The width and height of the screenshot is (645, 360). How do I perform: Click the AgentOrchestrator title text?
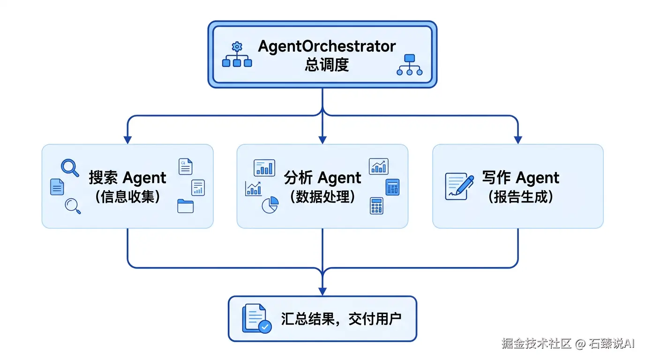pyautogui.click(x=327, y=46)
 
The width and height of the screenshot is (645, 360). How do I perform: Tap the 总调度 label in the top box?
pyautogui.click(x=327, y=65)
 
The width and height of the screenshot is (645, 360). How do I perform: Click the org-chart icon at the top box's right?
pyautogui.click(x=409, y=65)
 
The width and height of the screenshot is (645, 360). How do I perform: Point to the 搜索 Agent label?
pyautogui.click(x=127, y=178)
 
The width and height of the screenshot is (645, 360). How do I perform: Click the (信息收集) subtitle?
pyautogui.click(x=127, y=196)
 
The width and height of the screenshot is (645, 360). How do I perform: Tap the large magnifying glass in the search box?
pyautogui.click(x=70, y=168)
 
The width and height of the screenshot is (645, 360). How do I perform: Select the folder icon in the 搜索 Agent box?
pyautogui.click(x=185, y=206)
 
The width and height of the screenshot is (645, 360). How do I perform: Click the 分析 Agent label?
pyautogui.click(x=322, y=178)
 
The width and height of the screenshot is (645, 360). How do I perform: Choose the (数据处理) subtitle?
pyautogui.click(x=322, y=196)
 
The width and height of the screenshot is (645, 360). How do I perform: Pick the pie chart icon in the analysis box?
pyautogui.click(x=270, y=205)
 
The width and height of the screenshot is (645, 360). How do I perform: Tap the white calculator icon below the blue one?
pyautogui.click(x=376, y=205)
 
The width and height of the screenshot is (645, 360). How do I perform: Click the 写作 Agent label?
pyautogui.click(x=520, y=178)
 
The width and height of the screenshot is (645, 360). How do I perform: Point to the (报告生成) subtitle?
pyautogui.click(x=520, y=196)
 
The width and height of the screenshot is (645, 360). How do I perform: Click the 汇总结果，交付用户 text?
pyautogui.click(x=341, y=319)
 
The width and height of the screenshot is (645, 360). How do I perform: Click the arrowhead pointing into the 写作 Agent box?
pyautogui.click(x=518, y=140)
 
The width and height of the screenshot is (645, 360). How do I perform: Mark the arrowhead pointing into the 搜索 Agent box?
pyautogui.click(x=127, y=140)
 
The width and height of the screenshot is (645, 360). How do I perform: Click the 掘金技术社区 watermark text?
pyautogui.click(x=536, y=344)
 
